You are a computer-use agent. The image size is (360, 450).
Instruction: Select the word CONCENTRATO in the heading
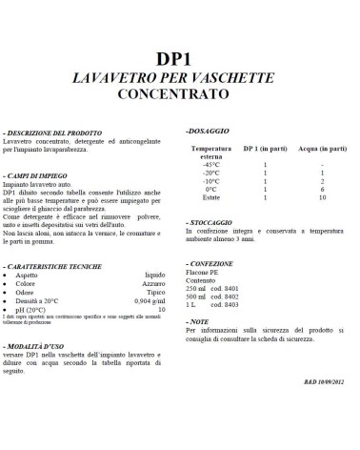coord(180,95)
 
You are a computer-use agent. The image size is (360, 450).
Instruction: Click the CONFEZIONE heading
coord(213,262)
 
